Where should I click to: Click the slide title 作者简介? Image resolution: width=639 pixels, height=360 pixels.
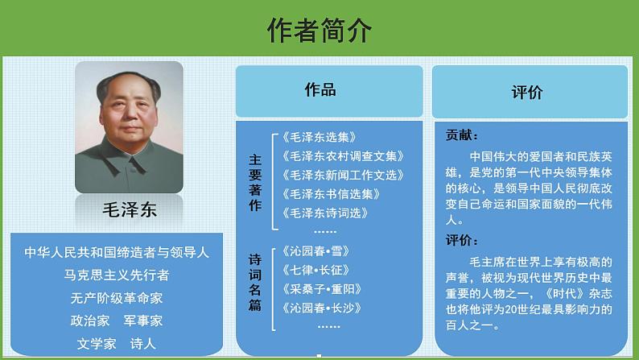(x=319, y=30)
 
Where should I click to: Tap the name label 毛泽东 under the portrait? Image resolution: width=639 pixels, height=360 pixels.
(x=129, y=211)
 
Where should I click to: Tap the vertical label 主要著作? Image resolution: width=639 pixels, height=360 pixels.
(x=255, y=183)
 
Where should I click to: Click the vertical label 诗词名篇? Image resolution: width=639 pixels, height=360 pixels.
(x=255, y=283)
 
